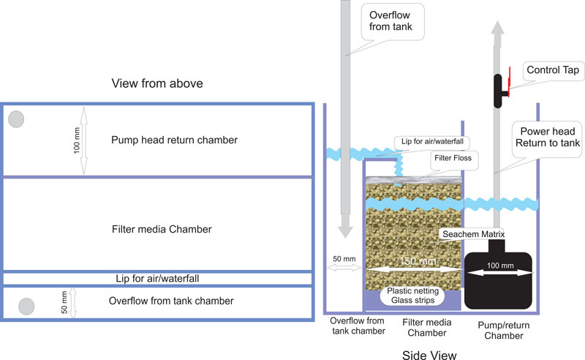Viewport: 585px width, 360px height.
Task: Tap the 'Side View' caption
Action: pyautogui.click(x=430, y=355)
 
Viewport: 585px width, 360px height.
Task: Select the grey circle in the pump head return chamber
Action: pyautogui.click(x=15, y=118)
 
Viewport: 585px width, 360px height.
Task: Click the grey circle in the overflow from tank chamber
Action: pyautogui.click(x=26, y=304)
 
